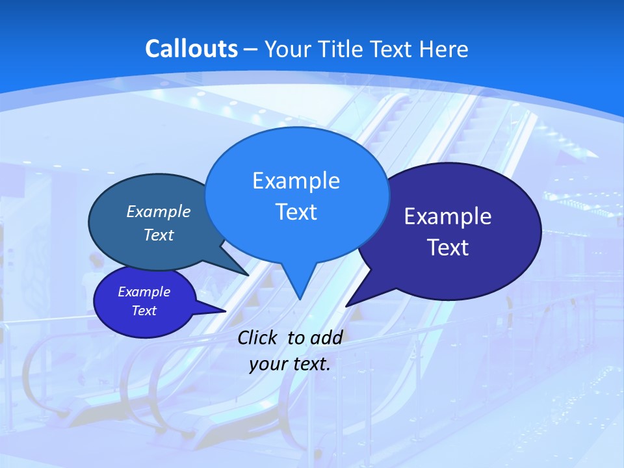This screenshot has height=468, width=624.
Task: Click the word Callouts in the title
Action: pos(192,49)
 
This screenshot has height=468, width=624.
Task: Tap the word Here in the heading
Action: pos(444,49)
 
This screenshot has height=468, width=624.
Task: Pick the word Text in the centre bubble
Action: pos(296,212)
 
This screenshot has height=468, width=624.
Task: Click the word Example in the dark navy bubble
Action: pos(448,216)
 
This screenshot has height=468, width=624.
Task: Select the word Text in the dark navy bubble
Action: pos(448,248)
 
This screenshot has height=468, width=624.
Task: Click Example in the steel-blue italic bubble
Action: pos(158,211)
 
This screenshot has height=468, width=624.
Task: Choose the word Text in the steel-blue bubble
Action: pos(158,235)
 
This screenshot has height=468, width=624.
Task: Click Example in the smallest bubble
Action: pos(144,292)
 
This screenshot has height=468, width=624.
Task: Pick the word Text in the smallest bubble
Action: pos(144,311)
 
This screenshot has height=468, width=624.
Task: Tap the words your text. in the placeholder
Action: pos(290,364)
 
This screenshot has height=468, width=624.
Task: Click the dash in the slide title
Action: pos(252,49)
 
